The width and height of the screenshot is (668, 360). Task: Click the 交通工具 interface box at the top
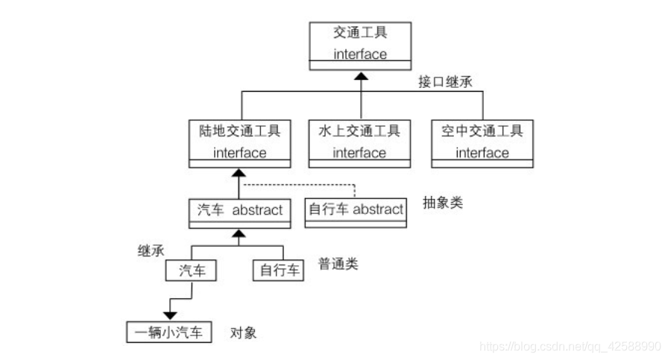pyautogui.click(x=360, y=45)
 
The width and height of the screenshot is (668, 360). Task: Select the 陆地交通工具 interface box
pyautogui.click(x=239, y=142)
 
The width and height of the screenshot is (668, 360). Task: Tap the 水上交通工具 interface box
pyautogui.click(x=359, y=142)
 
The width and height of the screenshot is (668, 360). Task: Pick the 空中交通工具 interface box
pyautogui.click(x=482, y=142)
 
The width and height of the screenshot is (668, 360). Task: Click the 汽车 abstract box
pyautogui.click(x=239, y=211)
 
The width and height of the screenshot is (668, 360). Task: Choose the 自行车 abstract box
pyautogui.click(x=356, y=211)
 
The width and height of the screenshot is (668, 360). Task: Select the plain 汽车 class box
pyautogui.click(x=191, y=270)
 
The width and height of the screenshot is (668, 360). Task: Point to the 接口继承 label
pyautogui.click(x=446, y=81)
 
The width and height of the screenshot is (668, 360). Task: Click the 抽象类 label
pyautogui.click(x=443, y=202)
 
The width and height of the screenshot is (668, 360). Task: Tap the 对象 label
pyautogui.click(x=243, y=332)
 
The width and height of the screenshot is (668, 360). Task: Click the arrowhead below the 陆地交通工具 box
pyautogui.click(x=239, y=174)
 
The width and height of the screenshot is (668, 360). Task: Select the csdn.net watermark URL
pyautogui.click(x=570, y=347)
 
